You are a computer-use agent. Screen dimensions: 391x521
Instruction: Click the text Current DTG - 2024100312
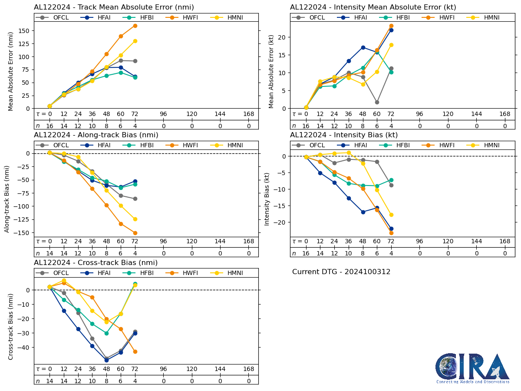tap(341, 272)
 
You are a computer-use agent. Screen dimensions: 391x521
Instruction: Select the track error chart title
tap(114, 7)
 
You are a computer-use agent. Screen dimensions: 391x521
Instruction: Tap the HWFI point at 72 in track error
tap(135, 26)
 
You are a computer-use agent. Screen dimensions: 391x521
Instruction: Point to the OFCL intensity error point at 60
tap(377, 102)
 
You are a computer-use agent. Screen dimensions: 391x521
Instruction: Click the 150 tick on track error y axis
tap(24, 31)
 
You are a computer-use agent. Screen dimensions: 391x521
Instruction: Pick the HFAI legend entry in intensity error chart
tap(354, 17)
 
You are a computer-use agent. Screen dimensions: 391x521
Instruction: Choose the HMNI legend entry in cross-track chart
tap(226, 273)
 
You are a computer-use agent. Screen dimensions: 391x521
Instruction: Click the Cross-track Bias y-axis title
tap(11, 326)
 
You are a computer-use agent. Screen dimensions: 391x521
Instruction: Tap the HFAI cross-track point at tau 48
tap(106, 360)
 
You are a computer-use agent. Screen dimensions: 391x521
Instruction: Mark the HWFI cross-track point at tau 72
tap(135, 351)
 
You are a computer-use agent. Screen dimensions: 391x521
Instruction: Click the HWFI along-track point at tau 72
tap(135, 233)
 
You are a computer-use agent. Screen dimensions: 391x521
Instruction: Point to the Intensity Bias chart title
tap(344, 135)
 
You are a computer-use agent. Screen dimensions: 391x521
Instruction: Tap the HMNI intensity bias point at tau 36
tap(349, 152)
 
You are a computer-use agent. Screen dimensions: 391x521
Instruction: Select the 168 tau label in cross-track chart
tap(248, 369)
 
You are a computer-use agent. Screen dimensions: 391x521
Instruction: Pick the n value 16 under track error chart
tap(49, 126)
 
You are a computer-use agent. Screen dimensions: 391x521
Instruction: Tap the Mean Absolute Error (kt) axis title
tap(272, 72)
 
